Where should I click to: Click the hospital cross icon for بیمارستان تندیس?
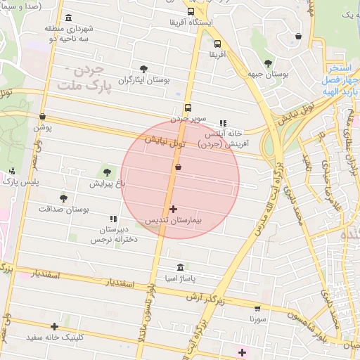tap(174, 209)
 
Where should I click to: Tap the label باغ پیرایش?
tap(106, 184)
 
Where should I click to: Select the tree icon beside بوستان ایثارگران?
tap(144, 69)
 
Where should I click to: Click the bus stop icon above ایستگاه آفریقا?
tap(191, 11)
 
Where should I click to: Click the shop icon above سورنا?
tap(257, 308)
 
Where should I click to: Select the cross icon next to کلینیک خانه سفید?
tap(54, 326)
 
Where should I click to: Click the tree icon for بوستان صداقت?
tap(63, 198)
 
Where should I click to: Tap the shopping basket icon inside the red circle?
tap(178, 167)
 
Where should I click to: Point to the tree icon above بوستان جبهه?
tap(267, 63)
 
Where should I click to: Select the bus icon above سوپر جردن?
tap(188, 108)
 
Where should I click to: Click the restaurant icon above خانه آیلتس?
tap(224, 123)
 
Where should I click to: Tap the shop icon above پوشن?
tap(43, 117)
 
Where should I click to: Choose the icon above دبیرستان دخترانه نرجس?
tap(113, 219)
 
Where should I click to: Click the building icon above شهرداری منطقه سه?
tap(67, 18)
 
